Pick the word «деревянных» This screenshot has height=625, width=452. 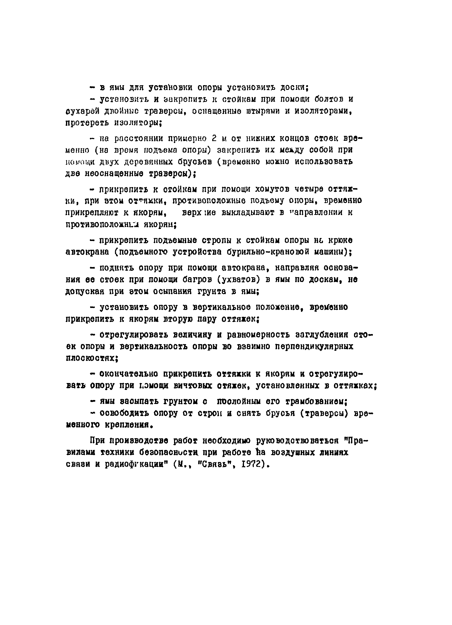pyautogui.click(x=148, y=162)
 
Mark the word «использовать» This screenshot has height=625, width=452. pyautogui.click(x=323, y=161)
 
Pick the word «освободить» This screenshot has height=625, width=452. pyautogui.click(x=124, y=413)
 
